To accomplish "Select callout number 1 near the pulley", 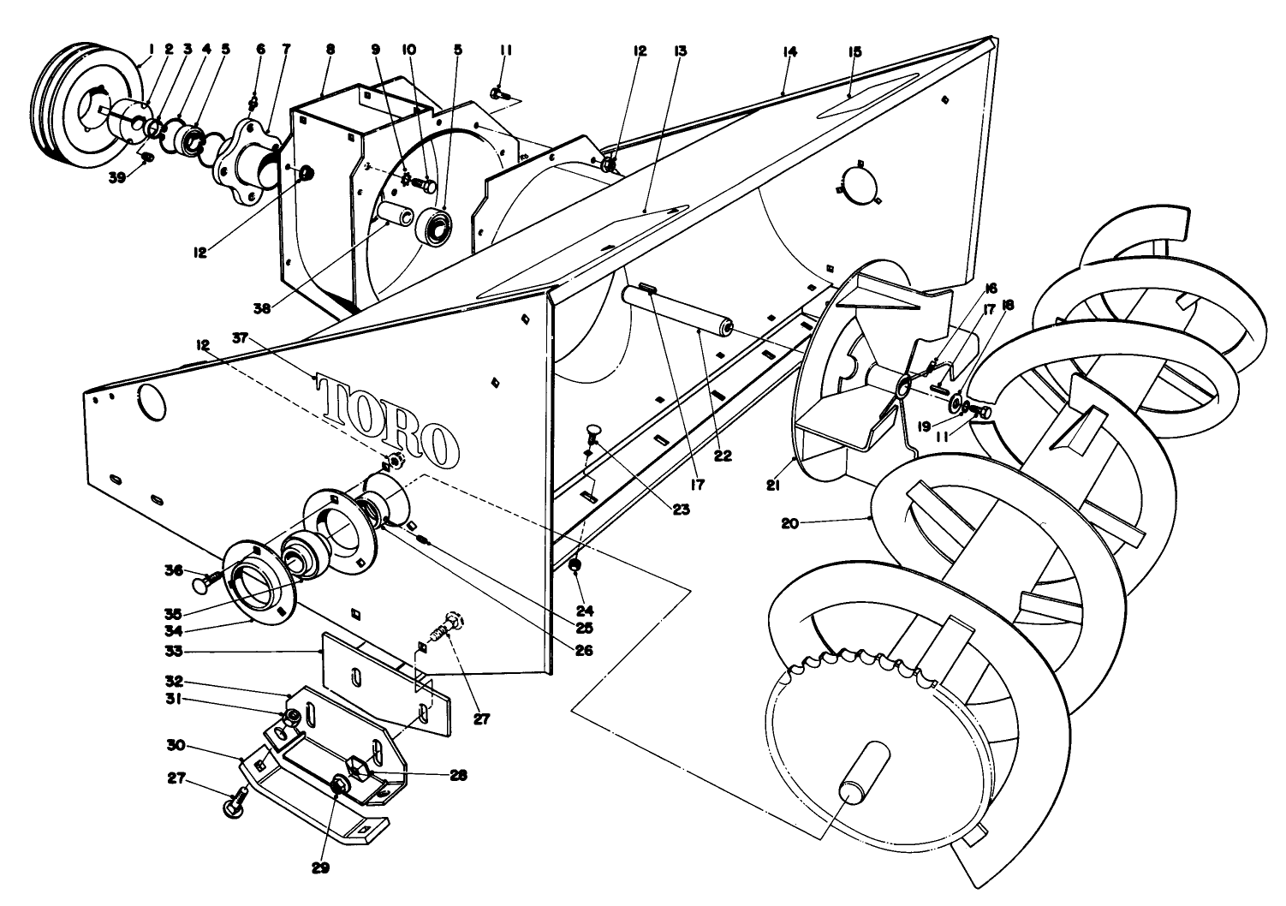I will point(151,51).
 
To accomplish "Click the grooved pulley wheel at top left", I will point(86,107).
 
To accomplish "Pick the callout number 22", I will point(723,456).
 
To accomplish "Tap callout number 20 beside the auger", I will point(789,522).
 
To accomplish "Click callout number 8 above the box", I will point(330,51).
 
